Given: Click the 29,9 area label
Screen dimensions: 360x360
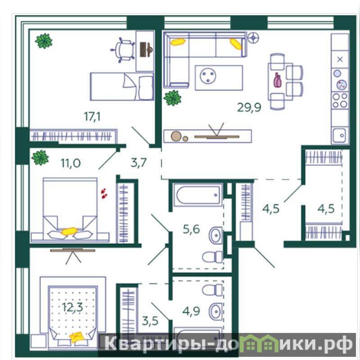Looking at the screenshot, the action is point(249,107).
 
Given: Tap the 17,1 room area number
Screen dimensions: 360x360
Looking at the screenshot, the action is point(92,116).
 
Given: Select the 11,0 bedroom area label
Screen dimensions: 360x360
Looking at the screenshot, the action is point(70,163).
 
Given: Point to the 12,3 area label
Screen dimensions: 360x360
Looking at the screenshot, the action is point(73,307).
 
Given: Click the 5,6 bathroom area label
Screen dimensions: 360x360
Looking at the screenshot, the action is point(191,229).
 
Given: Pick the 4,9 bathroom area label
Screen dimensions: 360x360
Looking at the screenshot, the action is point(191,311).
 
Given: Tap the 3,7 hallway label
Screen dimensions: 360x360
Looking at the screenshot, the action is point(139,163).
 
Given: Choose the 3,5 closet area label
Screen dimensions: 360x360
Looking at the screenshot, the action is point(150,321).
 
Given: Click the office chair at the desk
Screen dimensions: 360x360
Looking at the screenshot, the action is point(123,50).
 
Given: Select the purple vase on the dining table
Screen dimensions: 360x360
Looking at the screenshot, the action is point(277,80).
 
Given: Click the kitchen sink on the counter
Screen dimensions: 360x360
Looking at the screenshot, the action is point(339,136).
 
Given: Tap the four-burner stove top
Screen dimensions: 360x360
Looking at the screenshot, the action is point(340,100).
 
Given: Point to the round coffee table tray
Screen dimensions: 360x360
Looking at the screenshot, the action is point(208,75).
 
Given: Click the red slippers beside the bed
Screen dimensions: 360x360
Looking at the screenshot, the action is point(104,193).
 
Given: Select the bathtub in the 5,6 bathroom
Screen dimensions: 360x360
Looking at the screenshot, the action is point(198,195).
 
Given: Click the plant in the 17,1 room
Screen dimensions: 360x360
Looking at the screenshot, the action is point(44,41).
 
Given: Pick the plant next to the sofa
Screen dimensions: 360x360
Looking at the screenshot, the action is point(172,98).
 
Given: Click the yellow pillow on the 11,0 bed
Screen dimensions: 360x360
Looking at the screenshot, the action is point(69,231).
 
